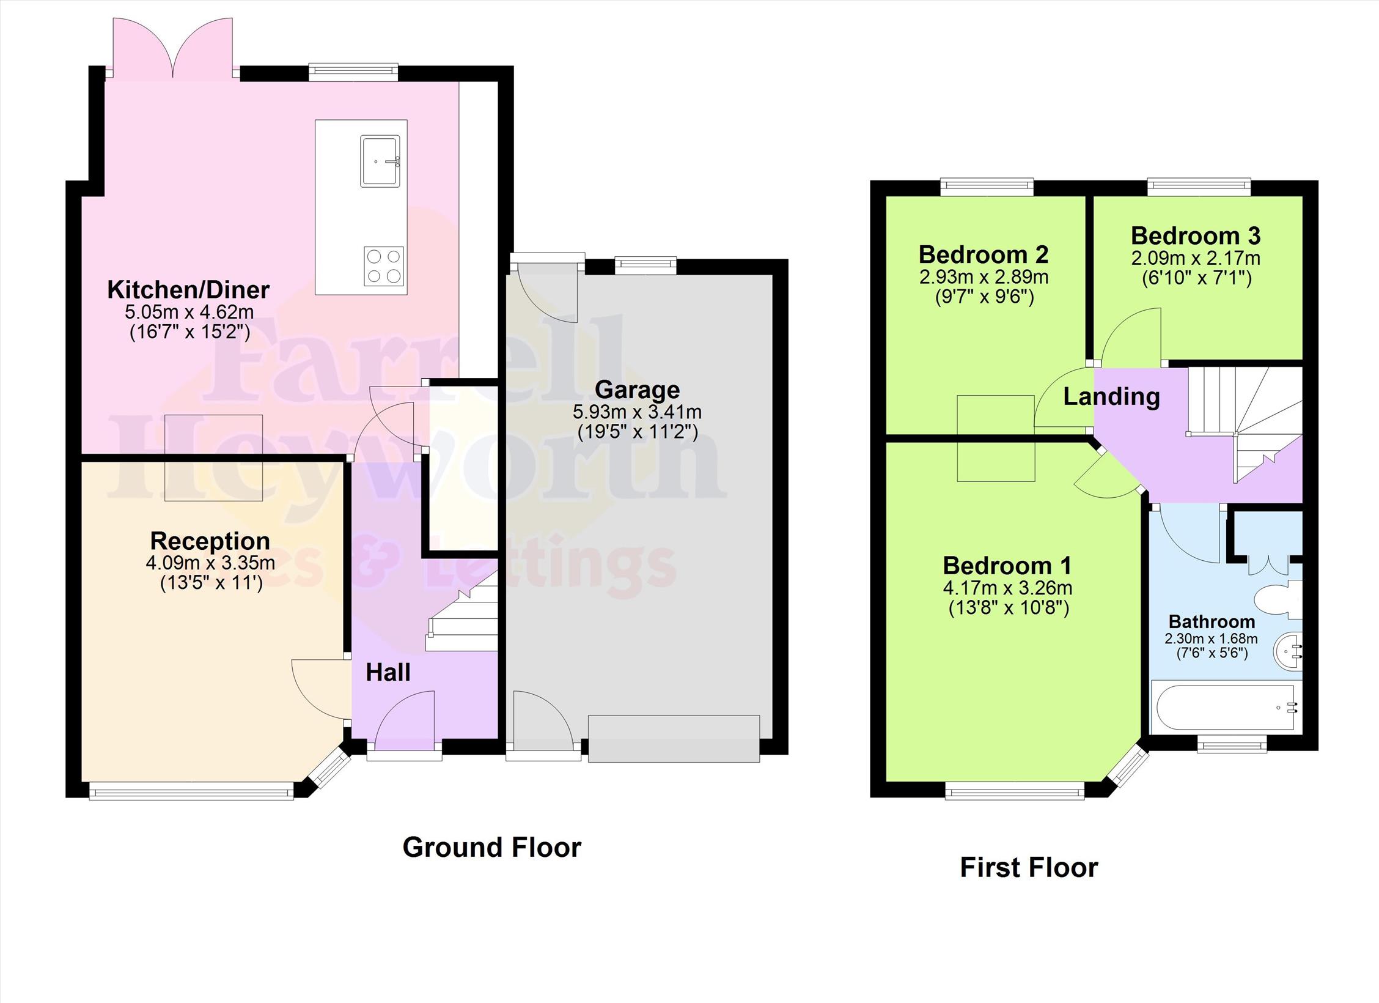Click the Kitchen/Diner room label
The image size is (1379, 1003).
point(188,290)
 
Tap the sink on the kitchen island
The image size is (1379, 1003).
point(380,161)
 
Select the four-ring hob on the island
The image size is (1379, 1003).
point(384,266)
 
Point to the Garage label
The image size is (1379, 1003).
point(637,390)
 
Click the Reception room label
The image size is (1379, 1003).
point(210,541)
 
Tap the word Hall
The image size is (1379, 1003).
point(388,673)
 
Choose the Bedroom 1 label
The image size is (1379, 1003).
point(1007,566)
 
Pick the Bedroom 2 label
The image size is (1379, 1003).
point(984,254)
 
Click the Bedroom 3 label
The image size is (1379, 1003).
point(1196,235)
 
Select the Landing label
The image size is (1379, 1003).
point(1111,397)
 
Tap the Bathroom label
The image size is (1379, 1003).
point(1212,622)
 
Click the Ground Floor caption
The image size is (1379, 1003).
point(491,847)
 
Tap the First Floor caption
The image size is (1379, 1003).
point(1029,867)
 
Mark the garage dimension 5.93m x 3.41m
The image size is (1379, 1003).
point(637,412)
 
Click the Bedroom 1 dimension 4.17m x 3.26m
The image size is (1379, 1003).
point(1007,588)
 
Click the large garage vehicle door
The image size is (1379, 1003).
point(674,738)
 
